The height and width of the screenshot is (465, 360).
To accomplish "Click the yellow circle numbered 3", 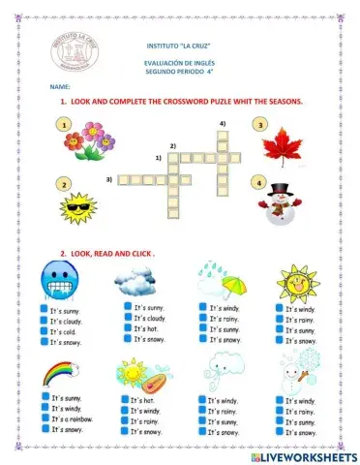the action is (258, 124).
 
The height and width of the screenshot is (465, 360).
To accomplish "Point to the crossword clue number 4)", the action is (222, 124).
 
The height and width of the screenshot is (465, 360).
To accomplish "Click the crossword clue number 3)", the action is (110, 179).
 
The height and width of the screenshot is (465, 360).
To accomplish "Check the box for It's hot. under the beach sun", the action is (125, 400).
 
